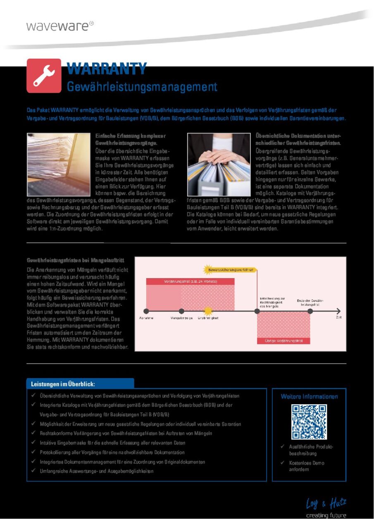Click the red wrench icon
(44, 76)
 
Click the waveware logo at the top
(60, 26)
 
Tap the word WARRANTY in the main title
(107, 69)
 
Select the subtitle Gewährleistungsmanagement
(142, 87)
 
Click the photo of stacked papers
(58, 164)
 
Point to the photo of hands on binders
(219, 164)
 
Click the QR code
(309, 422)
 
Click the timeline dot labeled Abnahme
(146, 311)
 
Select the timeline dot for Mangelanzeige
(181, 311)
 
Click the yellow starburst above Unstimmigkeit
(208, 311)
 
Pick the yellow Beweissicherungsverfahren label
(231, 270)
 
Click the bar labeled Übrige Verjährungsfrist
(283, 341)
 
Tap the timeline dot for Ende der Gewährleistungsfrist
(310, 311)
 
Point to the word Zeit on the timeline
(339, 317)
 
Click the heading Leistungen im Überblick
(63, 384)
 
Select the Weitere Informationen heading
(309, 396)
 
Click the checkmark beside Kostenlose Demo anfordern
(282, 463)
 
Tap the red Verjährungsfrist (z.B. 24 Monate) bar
(190, 281)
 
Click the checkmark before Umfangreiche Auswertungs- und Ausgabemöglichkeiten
(33, 471)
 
